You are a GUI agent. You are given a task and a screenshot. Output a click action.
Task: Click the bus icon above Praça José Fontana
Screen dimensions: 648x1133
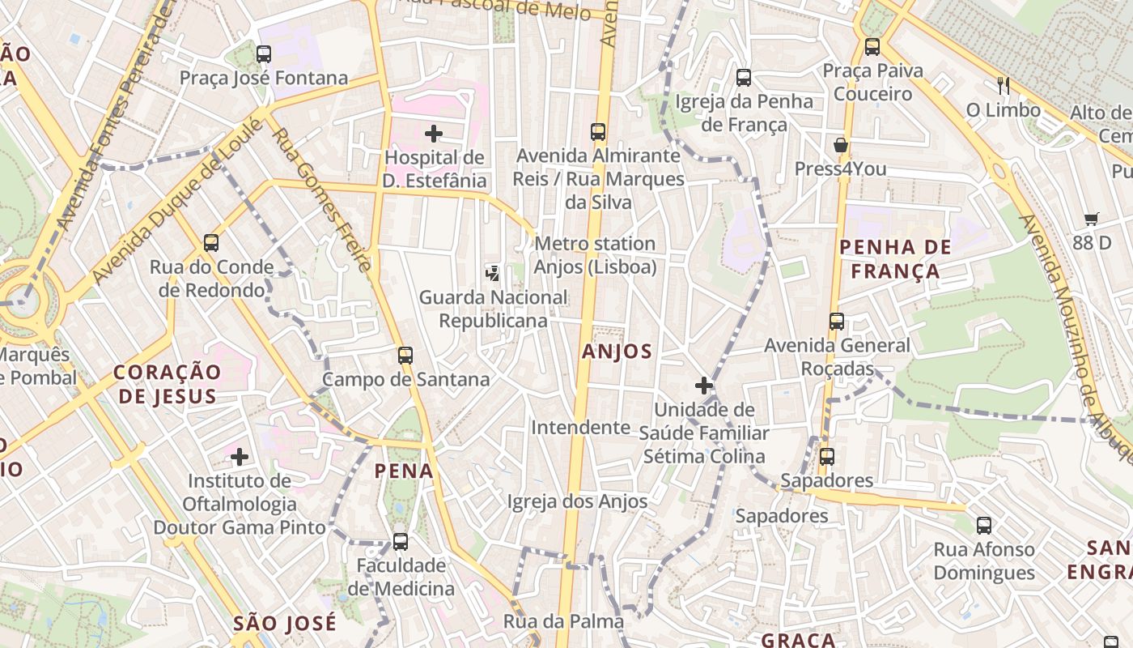pyautogui.click(x=263, y=54)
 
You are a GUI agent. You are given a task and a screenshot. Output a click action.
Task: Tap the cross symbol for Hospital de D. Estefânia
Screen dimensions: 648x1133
pyautogui.click(x=434, y=134)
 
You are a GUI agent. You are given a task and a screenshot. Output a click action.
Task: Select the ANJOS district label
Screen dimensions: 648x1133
pyautogui.click(x=617, y=352)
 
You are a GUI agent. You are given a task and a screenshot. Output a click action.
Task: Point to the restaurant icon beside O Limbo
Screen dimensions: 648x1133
pyautogui.click(x=1004, y=85)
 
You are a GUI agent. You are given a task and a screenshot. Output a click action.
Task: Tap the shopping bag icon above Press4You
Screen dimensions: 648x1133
pyautogui.click(x=841, y=146)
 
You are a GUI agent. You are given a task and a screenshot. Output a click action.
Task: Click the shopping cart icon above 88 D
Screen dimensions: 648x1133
pyautogui.click(x=1092, y=219)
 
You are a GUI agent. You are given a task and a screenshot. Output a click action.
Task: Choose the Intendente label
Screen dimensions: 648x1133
pyautogui.click(x=579, y=427)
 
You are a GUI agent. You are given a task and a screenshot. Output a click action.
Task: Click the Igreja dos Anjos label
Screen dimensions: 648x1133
pyautogui.click(x=577, y=501)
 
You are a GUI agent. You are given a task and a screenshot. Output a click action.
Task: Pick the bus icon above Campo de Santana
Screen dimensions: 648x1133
pyautogui.click(x=405, y=355)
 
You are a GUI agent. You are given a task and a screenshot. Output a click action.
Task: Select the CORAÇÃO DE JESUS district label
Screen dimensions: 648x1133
pyautogui.click(x=167, y=384)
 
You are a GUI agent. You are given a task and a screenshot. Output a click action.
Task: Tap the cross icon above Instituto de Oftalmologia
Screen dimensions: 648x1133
pyautogui.click(x=239, y=457)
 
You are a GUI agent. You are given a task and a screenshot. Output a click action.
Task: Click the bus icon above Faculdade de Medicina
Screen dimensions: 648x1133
pyautogui.click(x=401, y=542)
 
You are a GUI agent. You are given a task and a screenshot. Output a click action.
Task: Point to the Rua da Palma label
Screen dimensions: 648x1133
pyautogui.click(x=563, y=621)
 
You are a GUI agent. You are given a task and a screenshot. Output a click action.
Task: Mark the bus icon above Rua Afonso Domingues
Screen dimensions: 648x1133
pyautogui.click(x=984, y=526)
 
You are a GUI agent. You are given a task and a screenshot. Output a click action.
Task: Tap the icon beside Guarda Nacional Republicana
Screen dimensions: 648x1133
pyautogui.click(x=492, y=274)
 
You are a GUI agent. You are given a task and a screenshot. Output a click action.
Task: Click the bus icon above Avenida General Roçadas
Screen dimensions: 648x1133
pyautogui.click(x=837, y=322)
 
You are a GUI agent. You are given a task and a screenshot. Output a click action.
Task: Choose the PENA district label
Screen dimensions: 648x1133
pyautogui.click(x=404, y=471)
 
